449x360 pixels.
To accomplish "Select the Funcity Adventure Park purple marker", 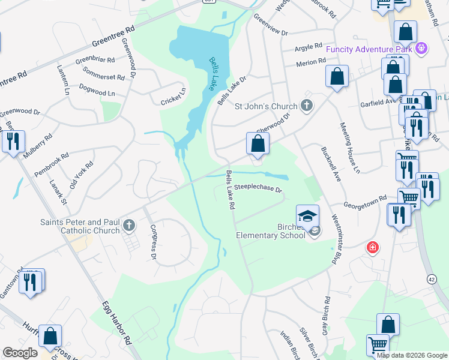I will tap(422, 47).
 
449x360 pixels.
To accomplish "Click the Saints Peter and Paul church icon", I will tap(128, 226).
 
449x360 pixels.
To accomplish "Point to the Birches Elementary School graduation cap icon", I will tap(307, 214).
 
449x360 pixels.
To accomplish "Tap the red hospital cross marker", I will tap(373, 247).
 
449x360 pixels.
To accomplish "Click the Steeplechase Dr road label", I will tap(258, 187).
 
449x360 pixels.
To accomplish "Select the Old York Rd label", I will tap(82, 175).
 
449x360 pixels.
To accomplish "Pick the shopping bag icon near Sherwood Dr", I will tap(258, 144).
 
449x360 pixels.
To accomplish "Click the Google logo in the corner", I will tap(20, 353).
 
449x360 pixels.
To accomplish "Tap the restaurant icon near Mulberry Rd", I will tap(13, 142).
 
